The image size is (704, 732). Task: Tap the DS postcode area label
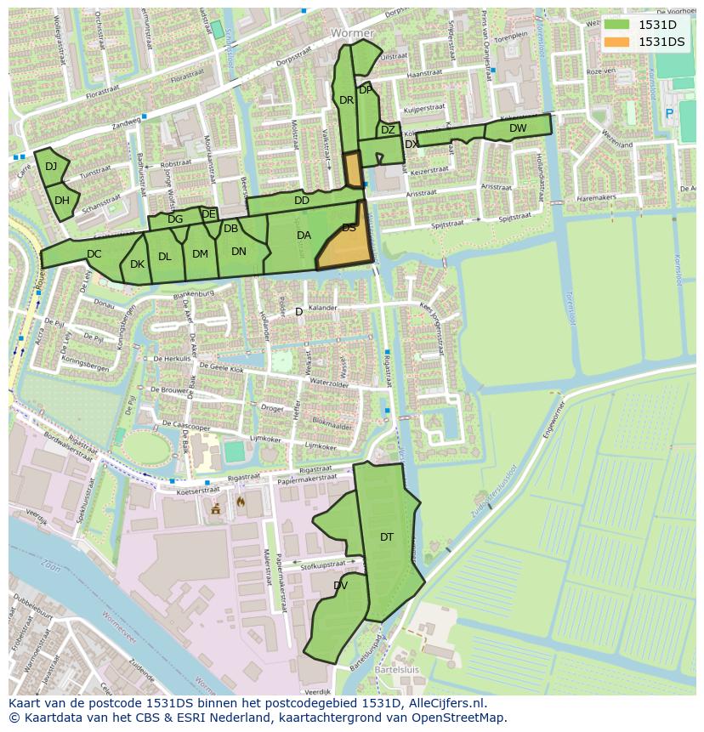click(x=349, y=228)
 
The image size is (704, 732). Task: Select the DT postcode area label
click(x=387, y=536)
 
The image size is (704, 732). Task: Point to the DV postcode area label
click(x=340, y=585)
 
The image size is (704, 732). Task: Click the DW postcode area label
click(x=518, y=128)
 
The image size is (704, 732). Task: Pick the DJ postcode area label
click(x=51, y=167)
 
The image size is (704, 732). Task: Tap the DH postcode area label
click(x=62, y=201)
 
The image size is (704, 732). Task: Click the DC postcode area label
click(x=94, y=253)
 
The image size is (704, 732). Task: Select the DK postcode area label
click(x=137, y=264)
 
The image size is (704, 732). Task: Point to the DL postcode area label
click(x=165, y=256)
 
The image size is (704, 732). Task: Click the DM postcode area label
click(x=200, y=253)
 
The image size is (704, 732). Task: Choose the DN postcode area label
click(x=239, y=251)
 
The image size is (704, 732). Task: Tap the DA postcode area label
click(x=304, y=235)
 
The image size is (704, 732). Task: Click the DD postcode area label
click(x=302, y=201)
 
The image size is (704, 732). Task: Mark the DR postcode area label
click(x=346, y=100)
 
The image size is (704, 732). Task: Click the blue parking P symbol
click(x=669, y=113)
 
